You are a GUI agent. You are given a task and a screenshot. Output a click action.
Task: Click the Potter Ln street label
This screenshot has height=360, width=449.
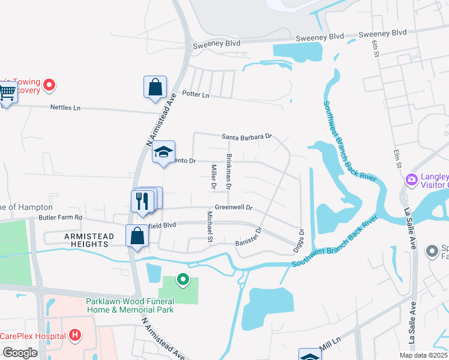tap(196, 95)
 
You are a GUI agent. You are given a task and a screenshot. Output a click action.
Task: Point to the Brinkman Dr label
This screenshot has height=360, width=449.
tap(229, 172)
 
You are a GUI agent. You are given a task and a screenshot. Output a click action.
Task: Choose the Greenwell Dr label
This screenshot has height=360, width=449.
tap(234, 208)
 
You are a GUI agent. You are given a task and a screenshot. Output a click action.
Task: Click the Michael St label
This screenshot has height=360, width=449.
tap(210, 226)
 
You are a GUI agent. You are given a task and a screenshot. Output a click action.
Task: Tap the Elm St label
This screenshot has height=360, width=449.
tap(396, 158)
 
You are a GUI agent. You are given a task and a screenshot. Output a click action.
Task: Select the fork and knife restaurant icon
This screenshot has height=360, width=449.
tap(141, 200)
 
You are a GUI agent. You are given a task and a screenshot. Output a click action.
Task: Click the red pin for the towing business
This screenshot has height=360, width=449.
tap(50, 86)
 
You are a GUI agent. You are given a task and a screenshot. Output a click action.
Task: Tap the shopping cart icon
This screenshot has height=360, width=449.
tap(7, 94)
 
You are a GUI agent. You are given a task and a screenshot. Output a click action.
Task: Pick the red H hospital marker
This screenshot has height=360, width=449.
tap(74, 335)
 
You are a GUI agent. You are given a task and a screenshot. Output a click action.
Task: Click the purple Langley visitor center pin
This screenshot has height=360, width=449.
tap(412, 179)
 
